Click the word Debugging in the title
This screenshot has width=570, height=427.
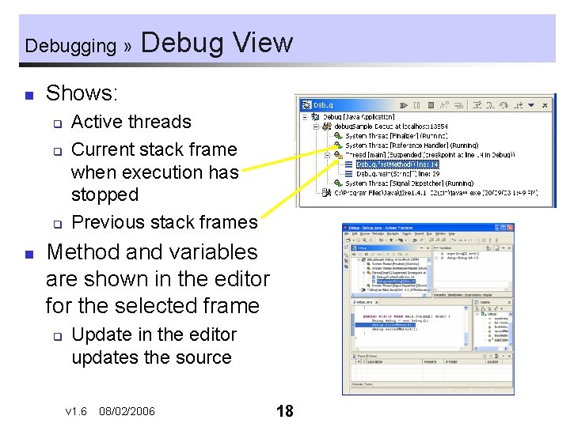click(70, 46)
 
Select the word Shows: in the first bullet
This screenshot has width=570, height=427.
click(82, 93)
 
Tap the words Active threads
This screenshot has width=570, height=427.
click(131, 122)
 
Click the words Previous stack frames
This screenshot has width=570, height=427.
click(164, 222)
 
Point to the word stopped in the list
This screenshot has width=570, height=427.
click(104, 195)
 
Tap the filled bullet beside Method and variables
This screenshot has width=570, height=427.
click(28, 255)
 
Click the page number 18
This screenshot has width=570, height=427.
click(284, 410)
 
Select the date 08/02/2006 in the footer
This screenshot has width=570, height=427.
click(127, 411)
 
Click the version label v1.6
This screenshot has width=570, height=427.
click(76, 411)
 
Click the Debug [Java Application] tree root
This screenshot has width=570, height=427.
click(356, 117)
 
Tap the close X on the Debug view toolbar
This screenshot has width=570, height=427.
click(545, 104)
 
